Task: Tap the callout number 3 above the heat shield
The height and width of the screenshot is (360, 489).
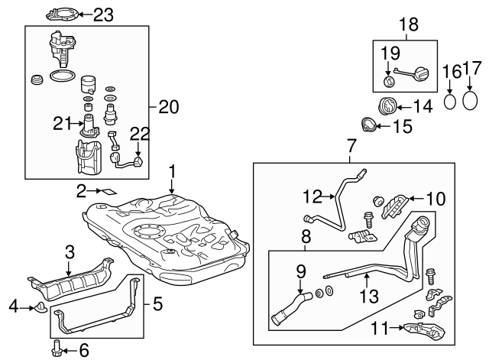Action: click(x=69, y=251)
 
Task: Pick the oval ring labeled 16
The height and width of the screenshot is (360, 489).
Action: click(x=452, y=99)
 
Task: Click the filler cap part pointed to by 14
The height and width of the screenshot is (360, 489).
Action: click(x=389, y=105)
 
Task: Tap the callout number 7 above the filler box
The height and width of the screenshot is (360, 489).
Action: click(x=351, y=145)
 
